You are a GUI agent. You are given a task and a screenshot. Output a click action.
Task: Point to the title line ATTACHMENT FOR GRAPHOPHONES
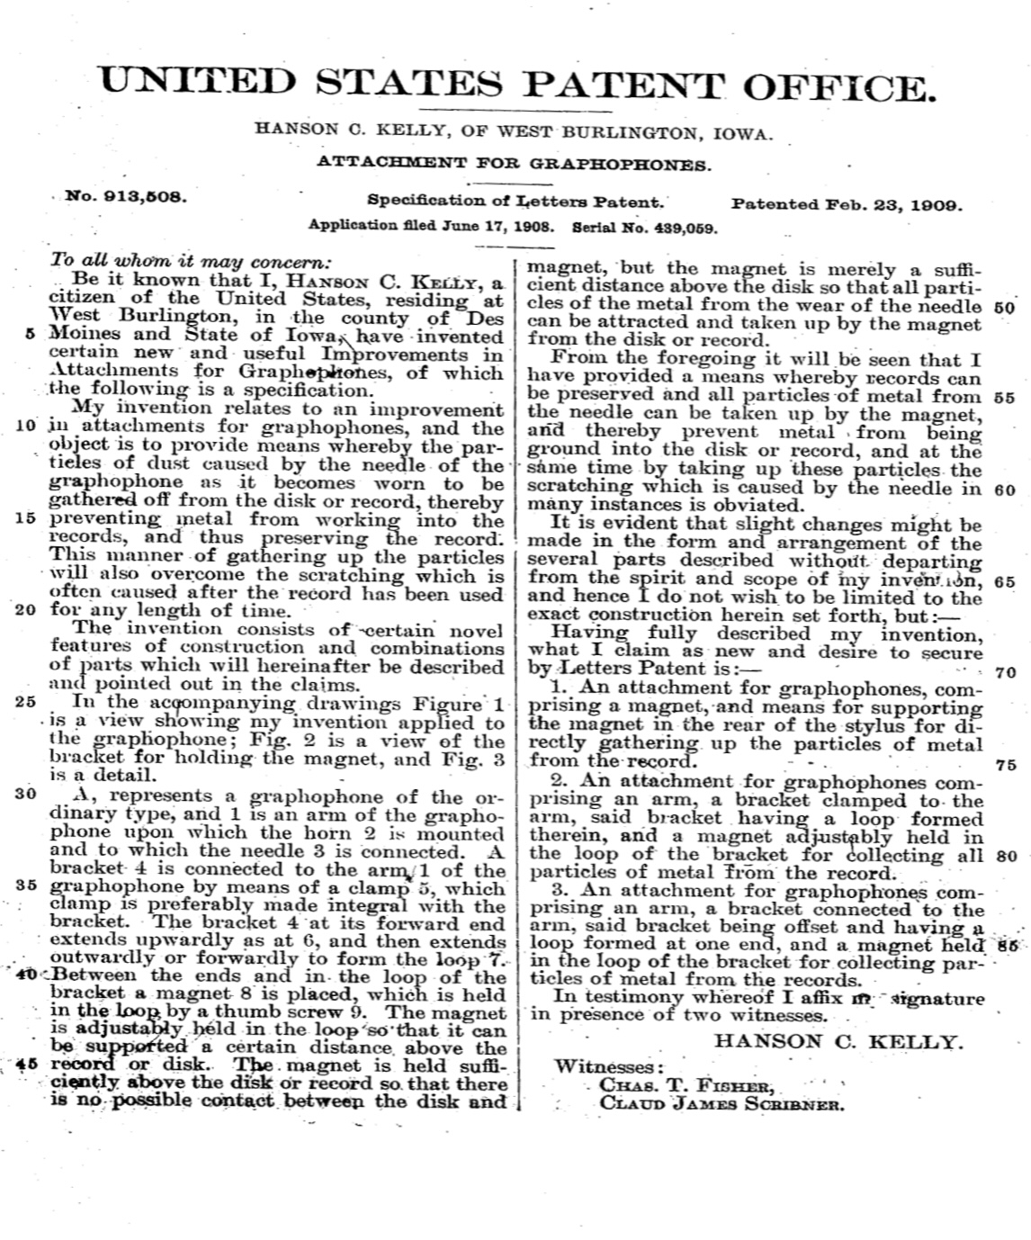click(514, 164)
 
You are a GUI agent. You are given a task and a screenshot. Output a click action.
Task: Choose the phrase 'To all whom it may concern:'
click(191, 262)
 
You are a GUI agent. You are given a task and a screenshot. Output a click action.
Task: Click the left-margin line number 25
click(25, 701)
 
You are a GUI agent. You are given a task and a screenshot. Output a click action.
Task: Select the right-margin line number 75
click(1006, 765)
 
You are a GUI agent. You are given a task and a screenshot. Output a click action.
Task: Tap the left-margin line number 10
click(25, 426)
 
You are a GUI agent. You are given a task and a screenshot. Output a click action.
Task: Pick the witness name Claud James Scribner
click(722, 1103)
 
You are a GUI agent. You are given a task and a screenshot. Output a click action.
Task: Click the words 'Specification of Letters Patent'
click(515, 202)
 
